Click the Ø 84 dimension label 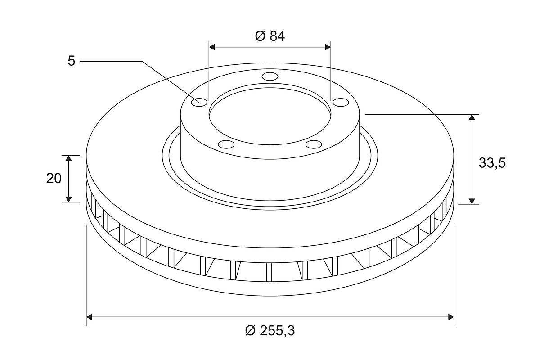pyautogui.click(x=270, y=36)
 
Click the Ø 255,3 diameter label pyautogui.click(x=270, y=331)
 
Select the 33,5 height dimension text pyautogui.click(x=492, y=163)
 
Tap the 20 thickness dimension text pyautogui.click(x=54, y=179)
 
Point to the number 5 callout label pyautogui.click(x=72, y=61)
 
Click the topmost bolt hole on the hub pyautogui.click(x=270, y=76)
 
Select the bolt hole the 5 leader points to pyautogui.click(x=199, y=103)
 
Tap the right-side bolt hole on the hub pyautogui.click(x=341, y=102)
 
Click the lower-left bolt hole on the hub pyautogui.click(x=226, y=144)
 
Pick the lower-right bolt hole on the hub pyautogui.click(x=314, y=144)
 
